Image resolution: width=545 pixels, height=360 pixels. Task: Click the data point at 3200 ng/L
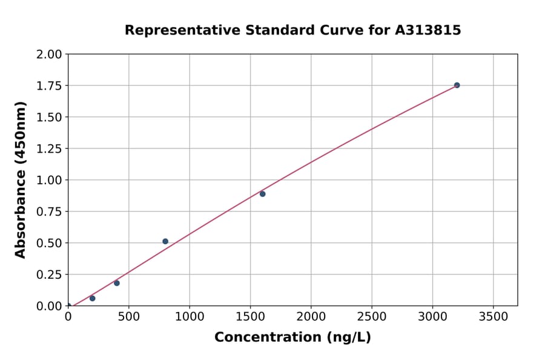coord(457,85)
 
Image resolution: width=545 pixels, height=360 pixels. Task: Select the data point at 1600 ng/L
coord(262,194)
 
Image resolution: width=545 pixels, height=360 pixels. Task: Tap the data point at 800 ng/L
coord(165,241)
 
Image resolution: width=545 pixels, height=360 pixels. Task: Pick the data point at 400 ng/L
coord(117,283)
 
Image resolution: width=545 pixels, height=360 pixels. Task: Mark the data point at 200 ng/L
coord(92,298)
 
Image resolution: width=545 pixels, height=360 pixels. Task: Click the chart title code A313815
coord(428,30)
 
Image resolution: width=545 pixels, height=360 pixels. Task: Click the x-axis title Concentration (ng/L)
coord(292,338)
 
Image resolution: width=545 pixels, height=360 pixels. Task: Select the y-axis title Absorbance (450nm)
coord(21,180)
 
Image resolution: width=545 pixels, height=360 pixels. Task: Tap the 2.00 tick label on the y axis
coord(50,55)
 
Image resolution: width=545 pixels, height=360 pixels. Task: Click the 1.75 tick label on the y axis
coord(50,85)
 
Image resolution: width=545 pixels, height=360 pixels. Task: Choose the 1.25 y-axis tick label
coord(50,148)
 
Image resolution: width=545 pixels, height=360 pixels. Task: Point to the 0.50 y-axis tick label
coord(50,243)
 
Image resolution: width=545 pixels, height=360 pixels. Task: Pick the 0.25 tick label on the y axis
coord(50,275)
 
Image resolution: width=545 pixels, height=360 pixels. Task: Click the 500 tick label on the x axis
coord(128,317)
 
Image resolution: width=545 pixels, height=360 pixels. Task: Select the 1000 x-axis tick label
coord(190,317)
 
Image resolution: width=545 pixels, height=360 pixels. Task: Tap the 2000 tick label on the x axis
coord(311,317)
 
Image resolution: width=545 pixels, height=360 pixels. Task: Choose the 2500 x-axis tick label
coord(372,317)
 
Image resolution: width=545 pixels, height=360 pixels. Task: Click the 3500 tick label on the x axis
coord(494,317)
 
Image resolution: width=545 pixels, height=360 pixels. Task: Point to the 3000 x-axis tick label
coord(432,317)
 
